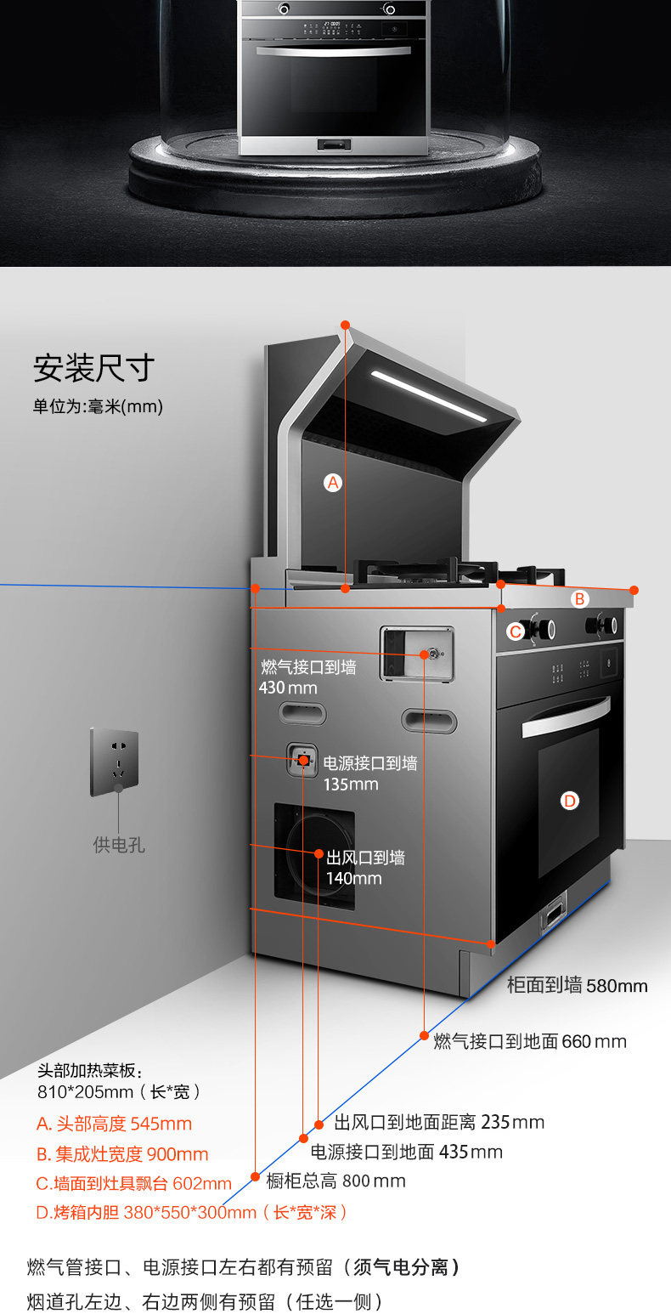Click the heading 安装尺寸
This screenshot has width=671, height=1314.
(x=94, y=369)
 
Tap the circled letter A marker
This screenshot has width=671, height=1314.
(x=333, y=482)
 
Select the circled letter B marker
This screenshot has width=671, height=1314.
(x=579, y=599)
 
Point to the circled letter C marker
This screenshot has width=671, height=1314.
(x=516, y=632)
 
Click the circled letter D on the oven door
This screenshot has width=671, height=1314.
(x=570, y=800)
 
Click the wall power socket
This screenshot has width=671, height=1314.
(x=115, y=761)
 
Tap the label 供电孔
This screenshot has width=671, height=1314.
(x=119, y=846)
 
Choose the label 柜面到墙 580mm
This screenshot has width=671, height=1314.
(x=577, y=986)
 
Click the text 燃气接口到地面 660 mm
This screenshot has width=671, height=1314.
(x=530, y=1041)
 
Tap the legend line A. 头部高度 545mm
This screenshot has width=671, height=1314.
(x=114, y=1124)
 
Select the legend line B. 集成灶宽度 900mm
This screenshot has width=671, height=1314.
(x=122, y=1154)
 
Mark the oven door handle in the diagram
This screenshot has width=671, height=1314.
(x=565, y=716)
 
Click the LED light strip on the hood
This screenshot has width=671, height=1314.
(x=429, y=396)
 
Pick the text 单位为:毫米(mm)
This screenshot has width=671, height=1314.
(x=98, y=406)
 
